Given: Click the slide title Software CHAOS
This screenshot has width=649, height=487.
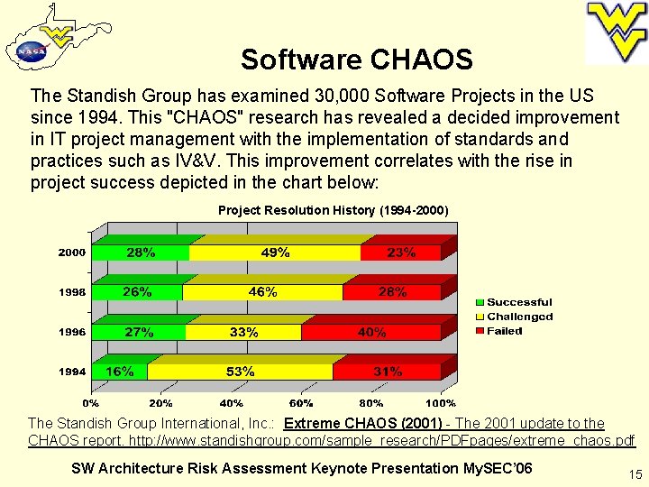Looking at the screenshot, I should click(356, 60).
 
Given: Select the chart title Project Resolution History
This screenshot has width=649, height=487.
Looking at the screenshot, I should click(333, 210).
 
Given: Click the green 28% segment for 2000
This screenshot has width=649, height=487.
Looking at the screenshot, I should click(141, 253).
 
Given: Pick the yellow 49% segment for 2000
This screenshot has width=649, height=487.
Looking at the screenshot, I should click(275, 253).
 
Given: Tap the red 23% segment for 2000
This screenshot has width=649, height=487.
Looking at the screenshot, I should click(401, 253).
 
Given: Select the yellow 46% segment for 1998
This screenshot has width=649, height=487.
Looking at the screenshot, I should click(262, 292).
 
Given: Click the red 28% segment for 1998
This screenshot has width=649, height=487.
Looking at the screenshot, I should click(392, 292).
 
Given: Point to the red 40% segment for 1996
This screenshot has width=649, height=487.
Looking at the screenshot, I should click(371, 332).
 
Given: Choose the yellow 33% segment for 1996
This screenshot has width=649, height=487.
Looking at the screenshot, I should click(243, 332).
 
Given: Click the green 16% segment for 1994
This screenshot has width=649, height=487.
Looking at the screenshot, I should click(120, 372).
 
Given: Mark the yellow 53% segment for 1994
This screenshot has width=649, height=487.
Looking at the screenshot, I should click(240, 372).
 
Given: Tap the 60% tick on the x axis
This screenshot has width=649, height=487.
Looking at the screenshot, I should click(302, 402).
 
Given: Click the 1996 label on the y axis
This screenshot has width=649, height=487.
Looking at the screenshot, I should click(72, 332).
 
